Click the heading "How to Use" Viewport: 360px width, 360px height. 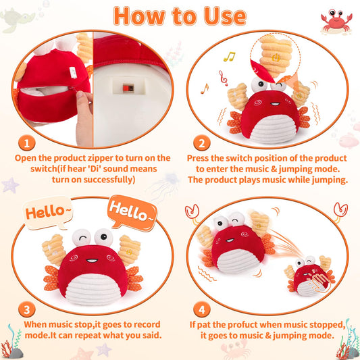180,16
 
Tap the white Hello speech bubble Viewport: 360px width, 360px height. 46,213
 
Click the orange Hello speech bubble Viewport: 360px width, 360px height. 132,212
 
